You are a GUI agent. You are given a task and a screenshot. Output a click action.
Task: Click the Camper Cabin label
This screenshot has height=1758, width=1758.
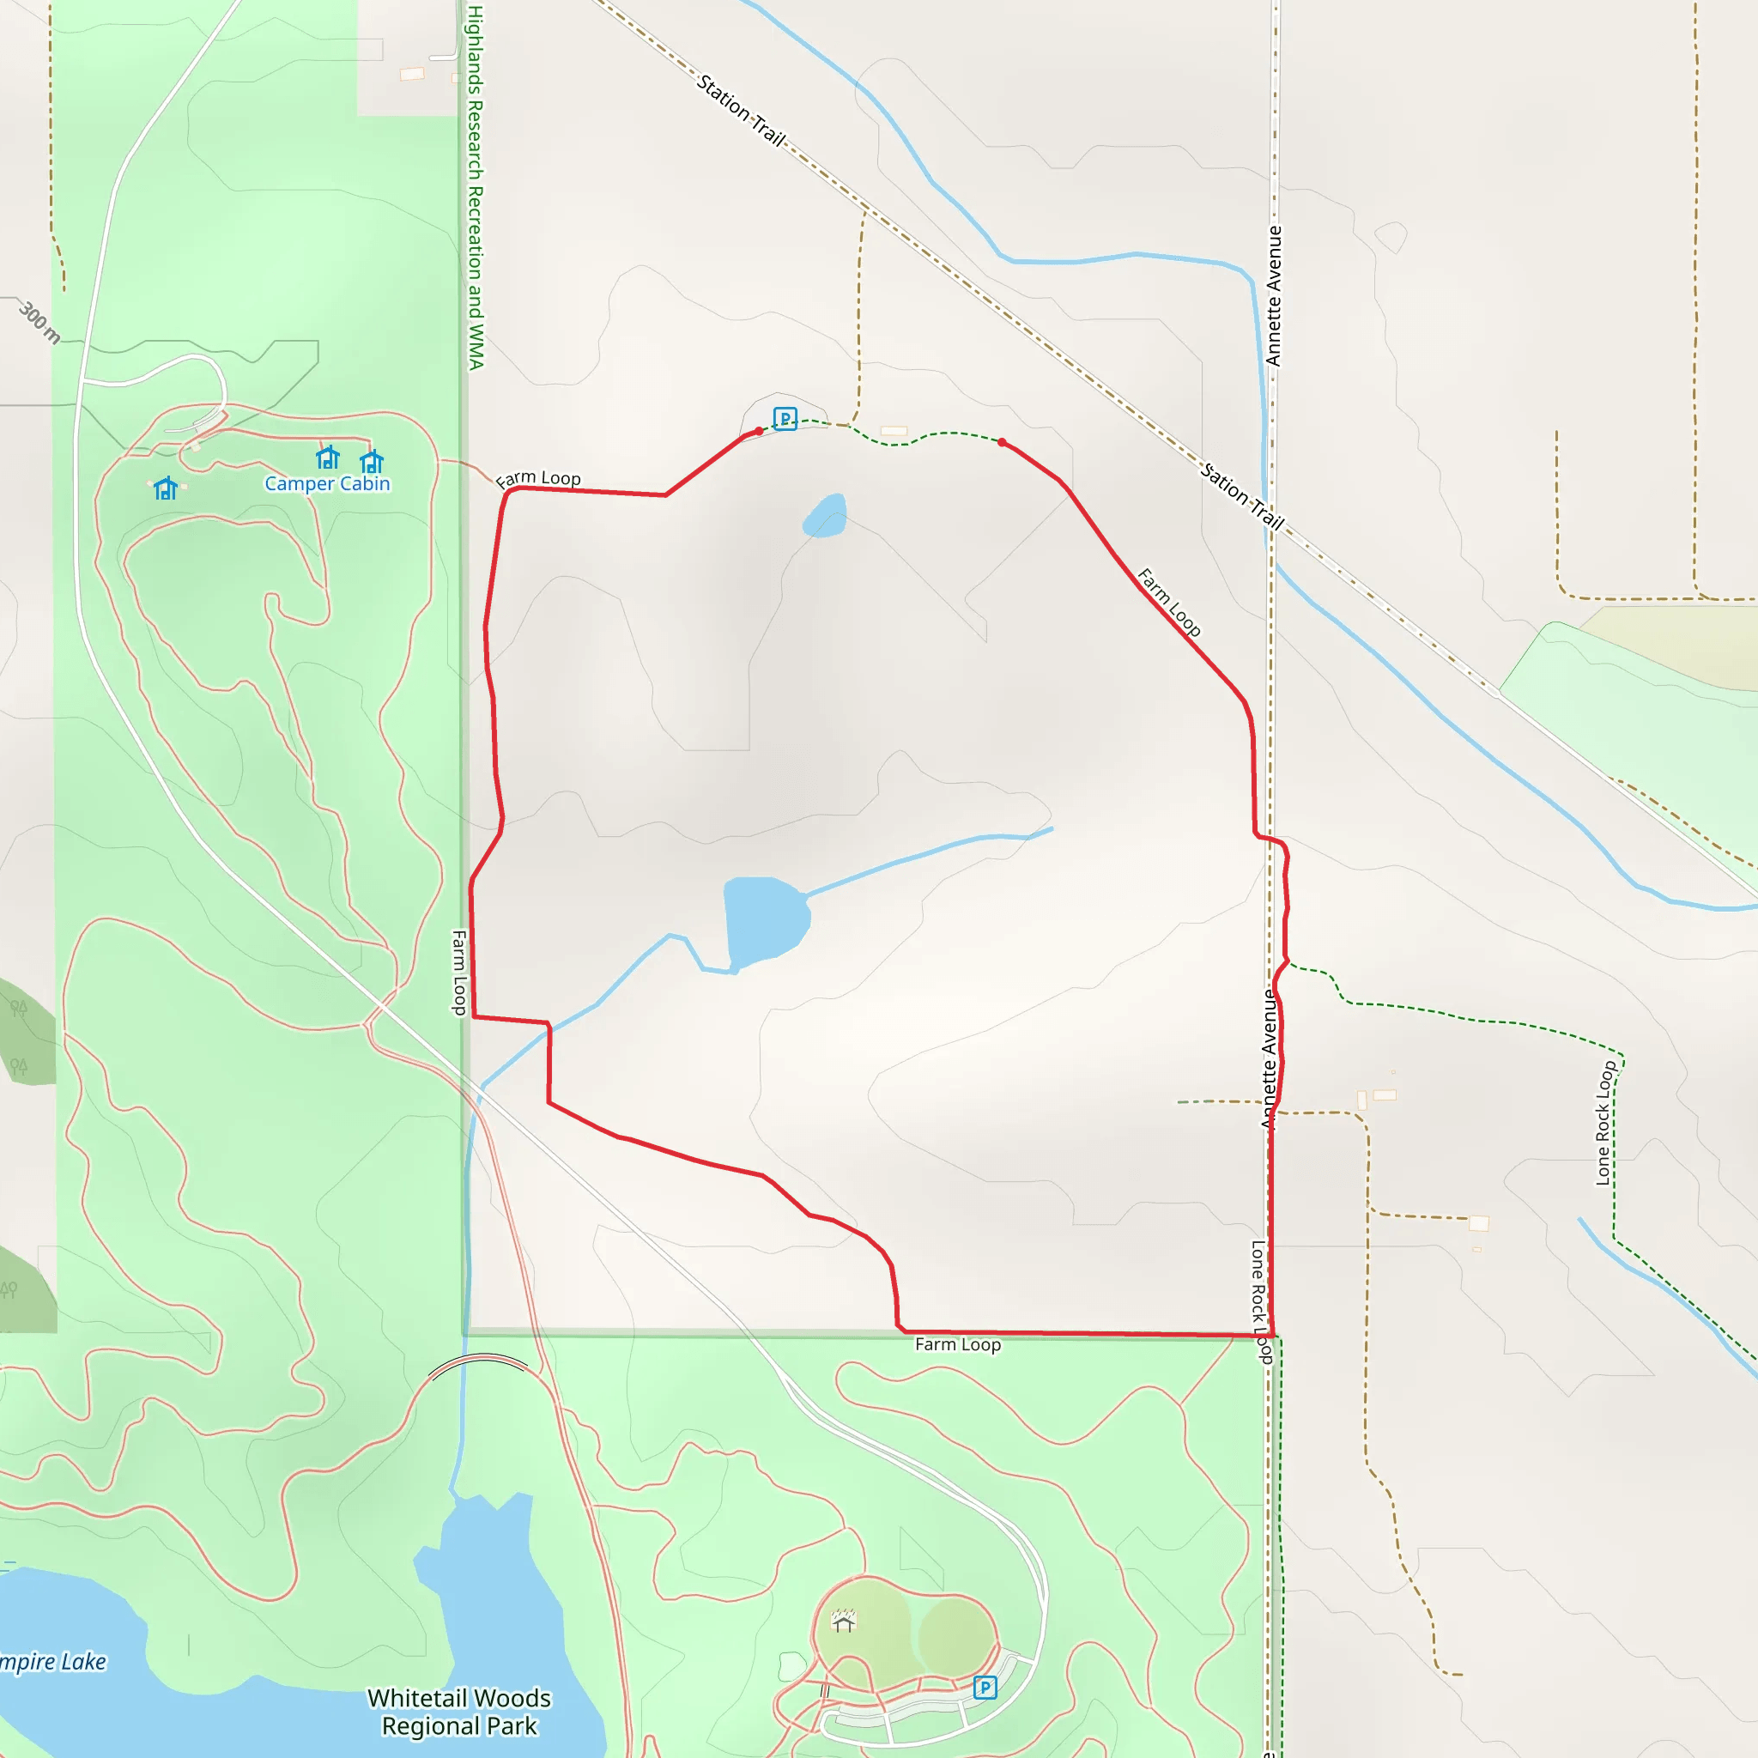point(327,484)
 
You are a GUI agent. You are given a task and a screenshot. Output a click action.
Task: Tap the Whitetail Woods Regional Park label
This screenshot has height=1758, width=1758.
point(458,1712)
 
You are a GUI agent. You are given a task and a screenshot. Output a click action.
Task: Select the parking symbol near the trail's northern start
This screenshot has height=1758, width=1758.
point(785,419)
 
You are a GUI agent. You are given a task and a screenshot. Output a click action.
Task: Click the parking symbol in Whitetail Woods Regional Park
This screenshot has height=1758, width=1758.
point(984,1688)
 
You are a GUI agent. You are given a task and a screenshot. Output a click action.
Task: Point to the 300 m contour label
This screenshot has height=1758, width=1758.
point(39,322)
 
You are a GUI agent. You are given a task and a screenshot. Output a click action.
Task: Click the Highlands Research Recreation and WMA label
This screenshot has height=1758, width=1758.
point(475,186)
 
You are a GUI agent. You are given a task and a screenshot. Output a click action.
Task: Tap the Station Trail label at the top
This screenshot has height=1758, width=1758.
point(741,110)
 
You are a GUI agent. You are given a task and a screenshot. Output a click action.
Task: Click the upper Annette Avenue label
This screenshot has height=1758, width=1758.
point(1273,296)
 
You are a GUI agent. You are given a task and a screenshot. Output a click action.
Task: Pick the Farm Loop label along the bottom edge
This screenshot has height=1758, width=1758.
point(957,1345)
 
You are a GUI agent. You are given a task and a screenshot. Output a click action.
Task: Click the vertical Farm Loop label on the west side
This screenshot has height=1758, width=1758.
point(459,972)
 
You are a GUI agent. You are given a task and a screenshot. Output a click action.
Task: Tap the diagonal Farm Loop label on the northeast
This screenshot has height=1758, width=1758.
point(1169,602)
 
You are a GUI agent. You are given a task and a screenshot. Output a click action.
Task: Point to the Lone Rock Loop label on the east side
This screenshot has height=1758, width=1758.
point(1605,1123)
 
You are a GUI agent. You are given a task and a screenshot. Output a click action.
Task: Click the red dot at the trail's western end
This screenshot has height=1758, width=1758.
point(759,431)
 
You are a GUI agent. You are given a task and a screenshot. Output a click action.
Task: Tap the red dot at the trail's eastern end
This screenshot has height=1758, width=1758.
point(1002,442)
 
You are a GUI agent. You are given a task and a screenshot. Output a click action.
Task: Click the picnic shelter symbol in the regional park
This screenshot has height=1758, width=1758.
point(844,1621)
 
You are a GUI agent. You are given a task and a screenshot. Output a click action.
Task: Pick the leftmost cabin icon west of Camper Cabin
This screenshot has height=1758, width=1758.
point(166,488)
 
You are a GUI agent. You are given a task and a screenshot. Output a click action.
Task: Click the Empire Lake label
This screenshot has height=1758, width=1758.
point(52,1663)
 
